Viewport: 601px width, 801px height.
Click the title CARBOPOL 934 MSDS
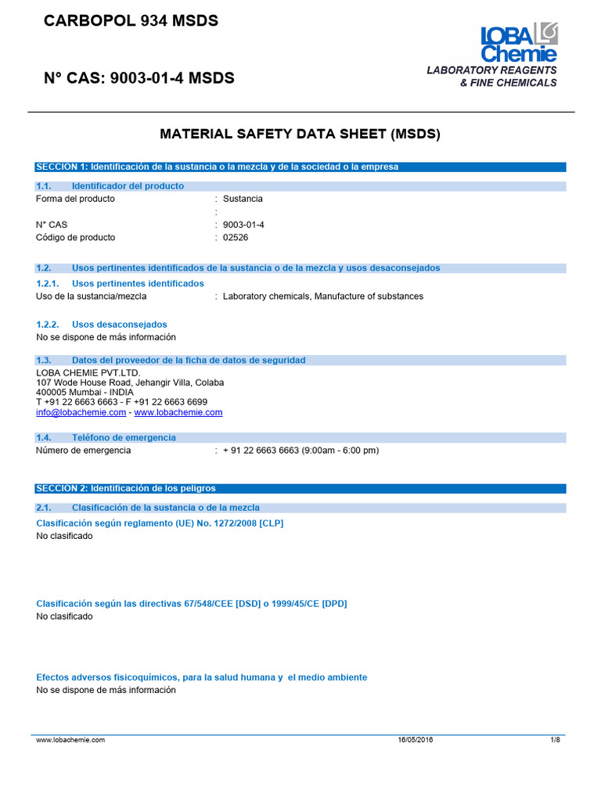[x=131, y=22]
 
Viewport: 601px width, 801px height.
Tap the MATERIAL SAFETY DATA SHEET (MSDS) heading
[x=300, y=134]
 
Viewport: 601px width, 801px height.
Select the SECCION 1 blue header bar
[x=300, y=167]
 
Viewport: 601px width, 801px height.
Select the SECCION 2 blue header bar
[x=300, y=488]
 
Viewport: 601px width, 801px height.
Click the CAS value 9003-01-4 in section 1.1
[x=244, y=224]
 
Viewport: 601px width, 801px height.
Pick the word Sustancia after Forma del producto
[x=243, y=199]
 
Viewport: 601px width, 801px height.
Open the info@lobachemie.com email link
[x=81, y=412]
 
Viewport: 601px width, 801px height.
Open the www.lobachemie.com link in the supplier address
[x=178, y=412]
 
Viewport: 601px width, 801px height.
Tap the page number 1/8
[x=556, y=740]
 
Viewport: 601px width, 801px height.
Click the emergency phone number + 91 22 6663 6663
[x=300, y=451]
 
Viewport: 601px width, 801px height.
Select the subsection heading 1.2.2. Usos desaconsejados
[x=102, y=325]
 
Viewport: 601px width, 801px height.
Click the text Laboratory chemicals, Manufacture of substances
[x=322, y=296]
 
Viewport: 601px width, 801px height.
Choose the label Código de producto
[x=76, y=237]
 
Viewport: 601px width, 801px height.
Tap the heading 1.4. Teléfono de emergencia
[x=106, y=437]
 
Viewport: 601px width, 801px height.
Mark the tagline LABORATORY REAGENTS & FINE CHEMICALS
[x=491, y=77]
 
